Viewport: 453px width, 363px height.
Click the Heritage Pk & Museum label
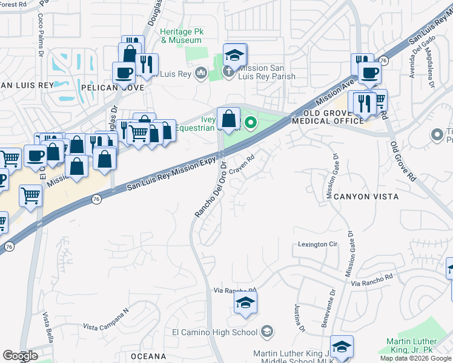180,36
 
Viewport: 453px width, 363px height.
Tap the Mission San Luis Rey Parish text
266,73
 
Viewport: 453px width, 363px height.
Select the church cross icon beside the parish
228,72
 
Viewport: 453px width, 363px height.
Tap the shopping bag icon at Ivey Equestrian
228,119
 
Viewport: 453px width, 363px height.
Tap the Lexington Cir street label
317,244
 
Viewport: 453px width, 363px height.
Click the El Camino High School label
215,332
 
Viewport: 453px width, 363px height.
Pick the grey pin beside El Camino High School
267,332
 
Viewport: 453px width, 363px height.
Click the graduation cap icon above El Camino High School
245,302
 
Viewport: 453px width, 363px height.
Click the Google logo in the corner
20,356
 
